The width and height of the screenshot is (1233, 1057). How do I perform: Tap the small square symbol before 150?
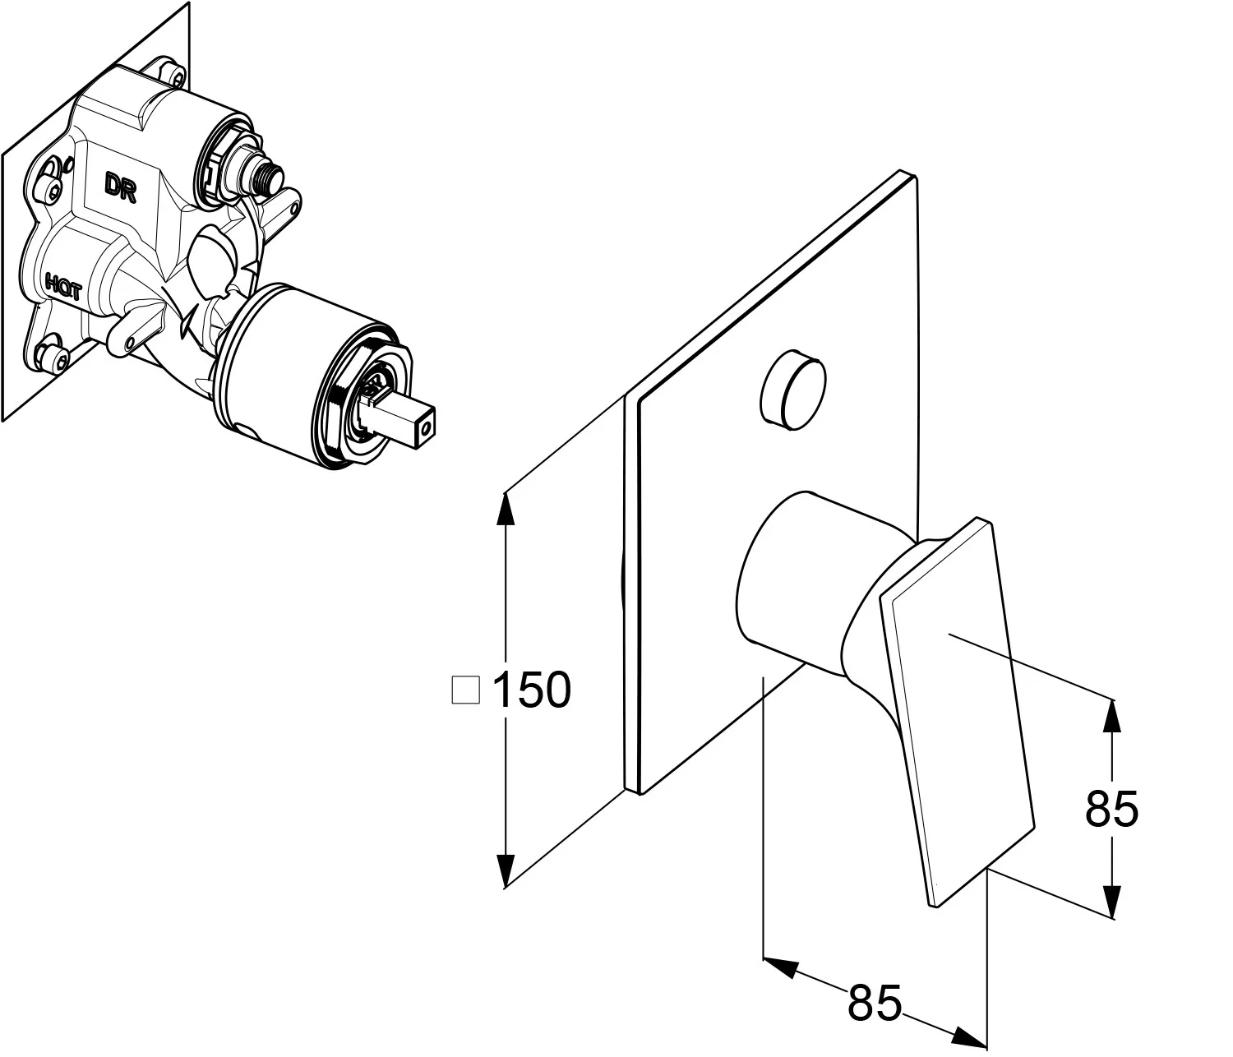pyautogui.click(x=466, y=690)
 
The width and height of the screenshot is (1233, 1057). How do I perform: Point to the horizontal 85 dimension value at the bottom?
pyautogui.click(x=875, y=1002)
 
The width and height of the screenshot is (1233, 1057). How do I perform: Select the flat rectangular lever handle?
pyautogui.click(x=958, y=707)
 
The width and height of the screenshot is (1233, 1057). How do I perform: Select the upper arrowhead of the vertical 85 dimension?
pyautogui.click(x=1111, y=715)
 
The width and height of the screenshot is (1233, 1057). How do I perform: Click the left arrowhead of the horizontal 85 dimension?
pyautogui.click(x=782, y=968)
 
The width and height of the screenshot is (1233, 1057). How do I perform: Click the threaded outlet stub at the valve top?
pyautogui.click(x=268, y=174)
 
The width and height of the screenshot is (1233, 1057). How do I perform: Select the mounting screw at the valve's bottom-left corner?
pyautogui.click(x=55, y=357)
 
